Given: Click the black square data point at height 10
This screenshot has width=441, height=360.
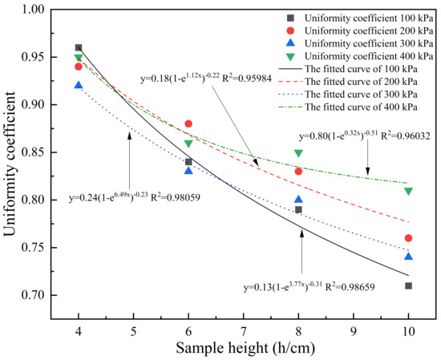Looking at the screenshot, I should click(408, 285).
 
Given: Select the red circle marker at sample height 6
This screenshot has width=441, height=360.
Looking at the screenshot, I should click(188, 123).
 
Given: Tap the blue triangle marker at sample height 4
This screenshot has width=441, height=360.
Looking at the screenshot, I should click(79, 85).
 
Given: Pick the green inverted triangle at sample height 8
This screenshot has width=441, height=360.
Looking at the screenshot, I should click(298, 153).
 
